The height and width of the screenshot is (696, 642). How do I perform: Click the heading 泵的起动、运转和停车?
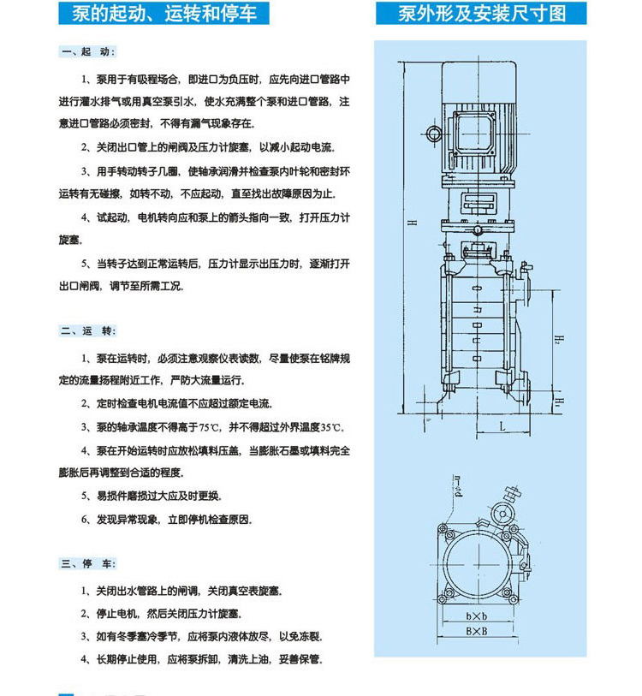[163, 14]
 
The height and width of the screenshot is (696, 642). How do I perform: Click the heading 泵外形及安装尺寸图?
[481, 14]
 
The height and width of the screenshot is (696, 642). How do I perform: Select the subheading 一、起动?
[88, 52]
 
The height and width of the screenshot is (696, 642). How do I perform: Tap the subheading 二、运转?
[88, 330]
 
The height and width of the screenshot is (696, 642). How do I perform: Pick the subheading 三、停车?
[88, 563]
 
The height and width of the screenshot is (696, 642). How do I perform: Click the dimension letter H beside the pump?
[413, 222]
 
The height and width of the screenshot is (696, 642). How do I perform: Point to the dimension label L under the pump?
[502, 426]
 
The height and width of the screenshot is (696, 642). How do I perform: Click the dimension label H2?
[558, 340]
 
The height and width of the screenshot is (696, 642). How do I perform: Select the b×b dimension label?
[477, 616]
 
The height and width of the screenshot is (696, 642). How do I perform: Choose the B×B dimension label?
[477, 631]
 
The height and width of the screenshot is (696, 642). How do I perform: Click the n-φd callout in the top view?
[458, 486]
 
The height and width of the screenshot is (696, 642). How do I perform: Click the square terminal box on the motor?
[473, 133]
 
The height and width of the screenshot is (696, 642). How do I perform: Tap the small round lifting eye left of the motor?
[433, 133]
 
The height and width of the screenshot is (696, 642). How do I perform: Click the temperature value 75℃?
[210, 427]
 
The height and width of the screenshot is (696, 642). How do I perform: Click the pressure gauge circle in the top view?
[502, 515]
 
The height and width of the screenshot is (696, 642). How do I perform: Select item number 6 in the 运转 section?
[86, 520]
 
